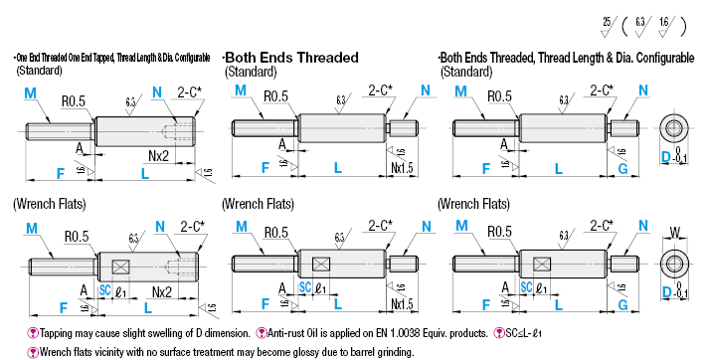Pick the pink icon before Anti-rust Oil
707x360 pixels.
[263, 333]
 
